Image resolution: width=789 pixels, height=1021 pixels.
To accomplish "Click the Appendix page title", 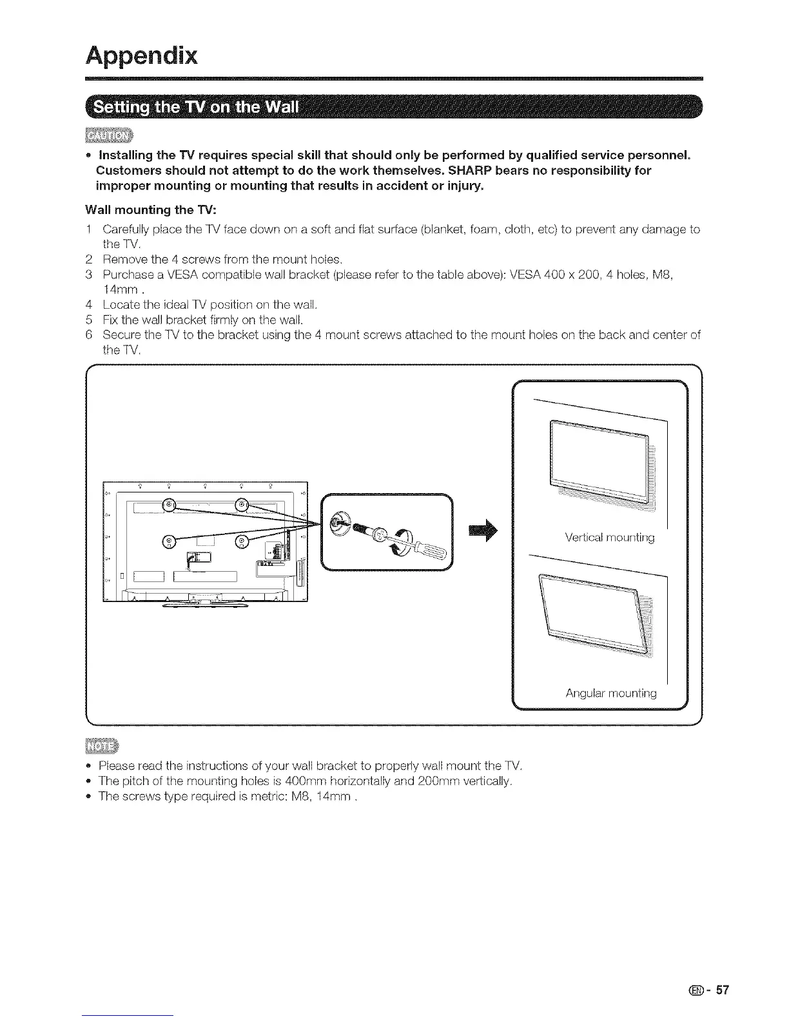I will pyautogui.click(x=141, y=55).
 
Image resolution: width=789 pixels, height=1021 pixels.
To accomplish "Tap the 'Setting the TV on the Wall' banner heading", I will pyautogui.click(x=196, y=107).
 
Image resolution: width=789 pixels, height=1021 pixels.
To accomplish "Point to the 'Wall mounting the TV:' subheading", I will pyautogui.click(x=144, y=209).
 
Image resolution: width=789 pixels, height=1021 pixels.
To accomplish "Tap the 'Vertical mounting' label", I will pyautogui.click(x=609, y=538).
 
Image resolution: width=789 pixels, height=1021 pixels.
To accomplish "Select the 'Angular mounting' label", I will pyautogui.click(x=611, y=694).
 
